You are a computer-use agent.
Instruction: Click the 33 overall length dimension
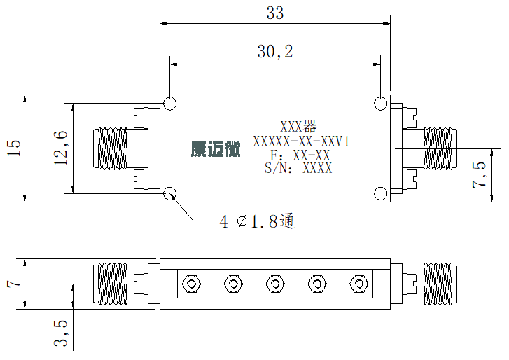tap(275, 13)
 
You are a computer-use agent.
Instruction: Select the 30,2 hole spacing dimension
tap(275, 52)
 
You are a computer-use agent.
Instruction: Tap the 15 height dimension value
tap(13, 148)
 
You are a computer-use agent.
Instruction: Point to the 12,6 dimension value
tap(61, 148)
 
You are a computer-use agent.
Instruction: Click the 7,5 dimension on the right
tap(479, 174)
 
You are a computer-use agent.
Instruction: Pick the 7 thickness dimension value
tap(13, 284)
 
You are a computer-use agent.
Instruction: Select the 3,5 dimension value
tap(61, 333)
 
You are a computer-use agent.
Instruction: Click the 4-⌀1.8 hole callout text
tap(257, 221)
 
